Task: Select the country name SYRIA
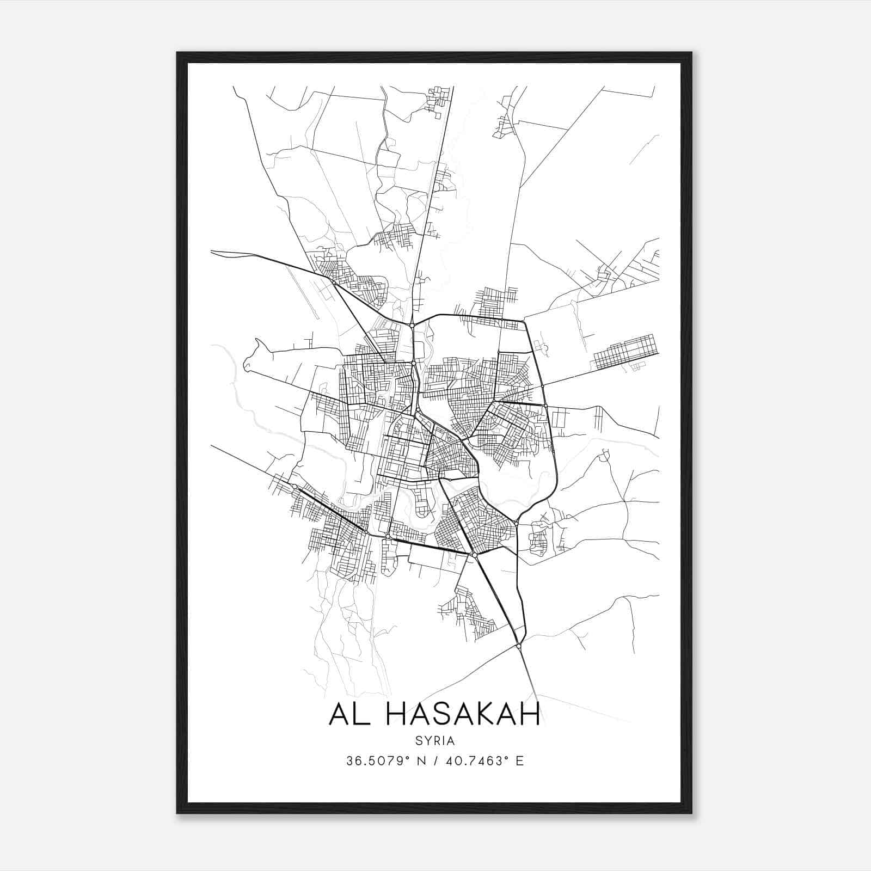pos(435,741)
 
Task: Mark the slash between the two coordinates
pos(435,761)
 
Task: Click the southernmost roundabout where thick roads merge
pos(519,646)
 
